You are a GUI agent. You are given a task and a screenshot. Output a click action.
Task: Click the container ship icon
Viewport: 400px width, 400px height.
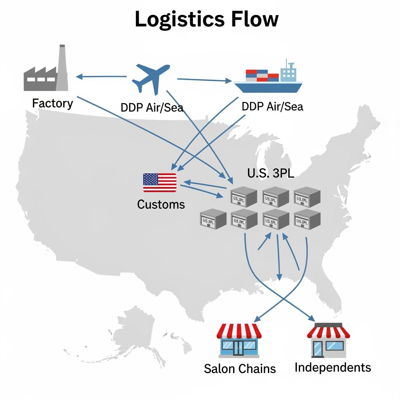click(268, 79)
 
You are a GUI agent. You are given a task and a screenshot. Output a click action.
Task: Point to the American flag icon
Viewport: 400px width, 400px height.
click(159, 183)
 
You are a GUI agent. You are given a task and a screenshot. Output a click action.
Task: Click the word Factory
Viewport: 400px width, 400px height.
click(52, 104)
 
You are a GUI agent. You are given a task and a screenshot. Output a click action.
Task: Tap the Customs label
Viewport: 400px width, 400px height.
click(161, 204)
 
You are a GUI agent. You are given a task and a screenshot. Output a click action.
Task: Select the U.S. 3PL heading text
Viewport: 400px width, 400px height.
click(271, 173)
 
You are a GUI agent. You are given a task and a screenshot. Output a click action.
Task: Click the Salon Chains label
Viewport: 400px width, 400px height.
click(239, 368)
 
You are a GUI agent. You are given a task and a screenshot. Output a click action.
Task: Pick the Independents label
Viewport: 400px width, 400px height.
click(333, 367)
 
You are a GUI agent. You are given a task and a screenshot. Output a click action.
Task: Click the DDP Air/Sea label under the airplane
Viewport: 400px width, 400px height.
click(152, 107)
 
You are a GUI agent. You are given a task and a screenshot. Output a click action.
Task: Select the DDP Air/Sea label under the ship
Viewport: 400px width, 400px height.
click(272, 106)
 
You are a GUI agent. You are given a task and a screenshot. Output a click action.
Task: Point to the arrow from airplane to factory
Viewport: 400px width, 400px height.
click(102, 77)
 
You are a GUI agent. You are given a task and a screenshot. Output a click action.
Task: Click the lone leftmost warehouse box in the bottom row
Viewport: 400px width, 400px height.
click(213, 220)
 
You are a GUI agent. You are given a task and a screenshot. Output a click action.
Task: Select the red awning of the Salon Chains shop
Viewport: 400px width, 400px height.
click(239, 331)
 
